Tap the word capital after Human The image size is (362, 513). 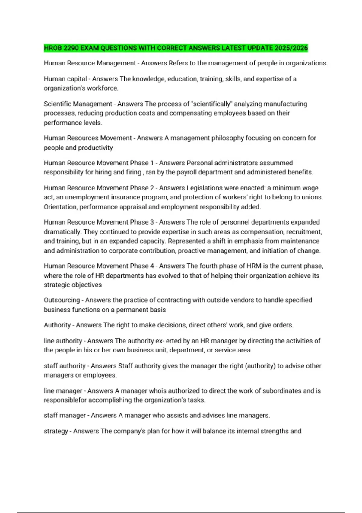click(x=77, y=79)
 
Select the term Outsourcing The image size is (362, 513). click(x=62, y=300)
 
